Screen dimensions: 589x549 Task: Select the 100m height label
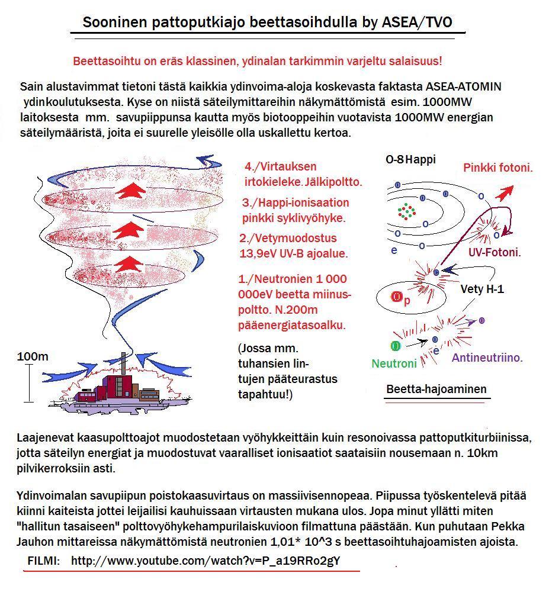pos(33,357)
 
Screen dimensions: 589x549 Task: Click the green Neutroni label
pos(394,364)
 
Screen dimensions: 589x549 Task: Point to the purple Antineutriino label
pos(487,358)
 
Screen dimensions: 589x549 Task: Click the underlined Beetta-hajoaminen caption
pos(436,390)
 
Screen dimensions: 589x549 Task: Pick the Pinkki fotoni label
pos(498,168)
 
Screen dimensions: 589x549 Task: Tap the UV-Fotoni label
pos(495,252)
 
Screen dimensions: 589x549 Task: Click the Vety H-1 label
pos(482,290)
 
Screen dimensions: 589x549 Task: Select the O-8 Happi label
pos(410,160)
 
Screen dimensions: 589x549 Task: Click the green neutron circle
pos(395,345)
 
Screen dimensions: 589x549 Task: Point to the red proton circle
pos(396,298)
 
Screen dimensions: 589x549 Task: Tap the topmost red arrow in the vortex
pos(131,191)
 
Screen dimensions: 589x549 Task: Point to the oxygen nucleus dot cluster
pos(406,211)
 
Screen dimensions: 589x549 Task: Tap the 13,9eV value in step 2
pos(258,253)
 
